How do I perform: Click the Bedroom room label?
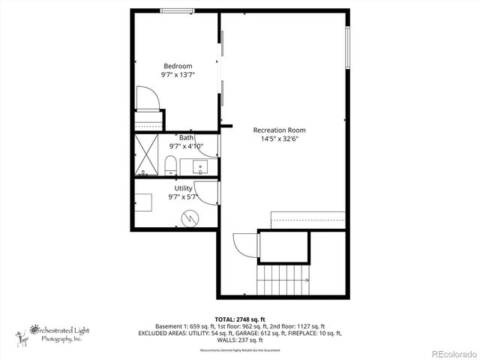coord(178,65)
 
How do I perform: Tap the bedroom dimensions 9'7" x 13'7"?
coord(178,75)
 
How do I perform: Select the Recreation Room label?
coord(279,130)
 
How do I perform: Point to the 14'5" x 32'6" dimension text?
coord(279,139)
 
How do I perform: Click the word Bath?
coord(186,137)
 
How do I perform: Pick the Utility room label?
coord(183,188)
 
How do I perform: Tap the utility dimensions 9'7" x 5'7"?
coord(183,198)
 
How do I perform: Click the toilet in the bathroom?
coord(169,166)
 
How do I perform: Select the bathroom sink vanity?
coord(201,166)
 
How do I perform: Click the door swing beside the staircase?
coord(244,244)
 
